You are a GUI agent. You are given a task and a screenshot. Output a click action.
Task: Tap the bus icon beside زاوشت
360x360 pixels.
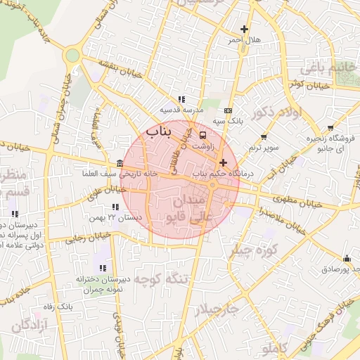203,134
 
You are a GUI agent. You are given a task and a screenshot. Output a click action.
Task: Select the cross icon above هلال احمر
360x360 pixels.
244,30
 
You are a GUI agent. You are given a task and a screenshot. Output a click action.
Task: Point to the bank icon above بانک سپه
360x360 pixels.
228,110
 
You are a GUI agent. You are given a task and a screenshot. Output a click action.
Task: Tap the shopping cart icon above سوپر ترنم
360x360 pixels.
264,137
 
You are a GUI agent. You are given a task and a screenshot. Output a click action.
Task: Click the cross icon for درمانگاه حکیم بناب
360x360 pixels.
223,162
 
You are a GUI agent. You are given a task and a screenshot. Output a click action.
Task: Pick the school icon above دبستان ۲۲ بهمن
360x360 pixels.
115,207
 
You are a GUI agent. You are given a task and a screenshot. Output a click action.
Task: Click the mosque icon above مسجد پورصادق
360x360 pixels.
346,258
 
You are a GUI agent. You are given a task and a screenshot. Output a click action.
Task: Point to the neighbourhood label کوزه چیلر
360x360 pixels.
259,250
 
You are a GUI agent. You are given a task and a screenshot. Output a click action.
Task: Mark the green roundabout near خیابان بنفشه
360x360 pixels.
71,56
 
